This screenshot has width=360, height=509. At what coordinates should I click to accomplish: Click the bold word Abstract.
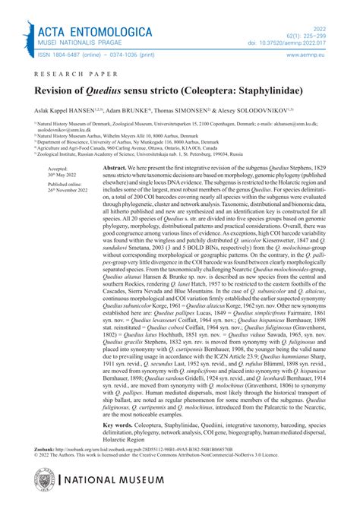(115, 166)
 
